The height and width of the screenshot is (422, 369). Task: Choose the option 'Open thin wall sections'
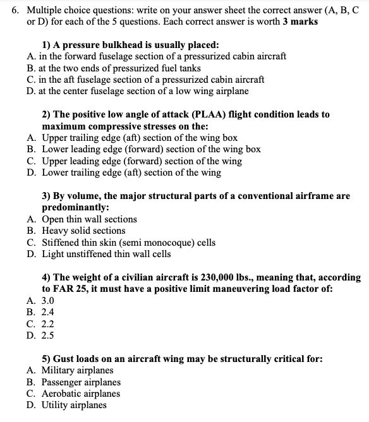tap(89, 219)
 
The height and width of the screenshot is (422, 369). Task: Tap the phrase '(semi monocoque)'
tap(145, 242)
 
